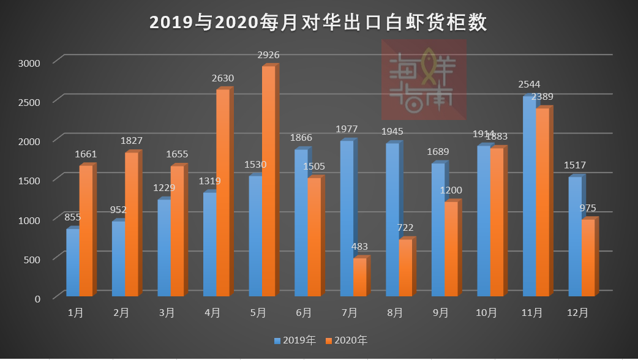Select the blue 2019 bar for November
pyautogui.click(x=529, y=196)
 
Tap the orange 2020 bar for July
pyautogui.click(x=359, y=277)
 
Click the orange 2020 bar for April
pyautogui.click(x=223, y=193)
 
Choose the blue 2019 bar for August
pyautogui.click(x=392, y=220)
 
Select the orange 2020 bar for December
pyautogui.click(x=587, y=258)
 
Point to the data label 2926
pyautogui.click(x=268, y=55)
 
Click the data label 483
pyautogui.click(x=359, y=247)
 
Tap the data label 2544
pyautogui.click(x=529, y=84)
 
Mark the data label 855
pyautogui.click(x=73, y=217)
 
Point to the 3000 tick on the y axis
pyautogui.click(x=29, y=62)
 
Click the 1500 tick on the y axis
pyautogui.click(x=29, y=180)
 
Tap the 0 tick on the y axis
pyautogui.click(x=37, y=298)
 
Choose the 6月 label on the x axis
pyautogui.click(x=304, y=313)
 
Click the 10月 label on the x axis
pyautogui.click(x=486, y=313)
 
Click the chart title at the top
pyautogui.click(x=318, y=23)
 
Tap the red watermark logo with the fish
pyautogui.click(x=424, y=80)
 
